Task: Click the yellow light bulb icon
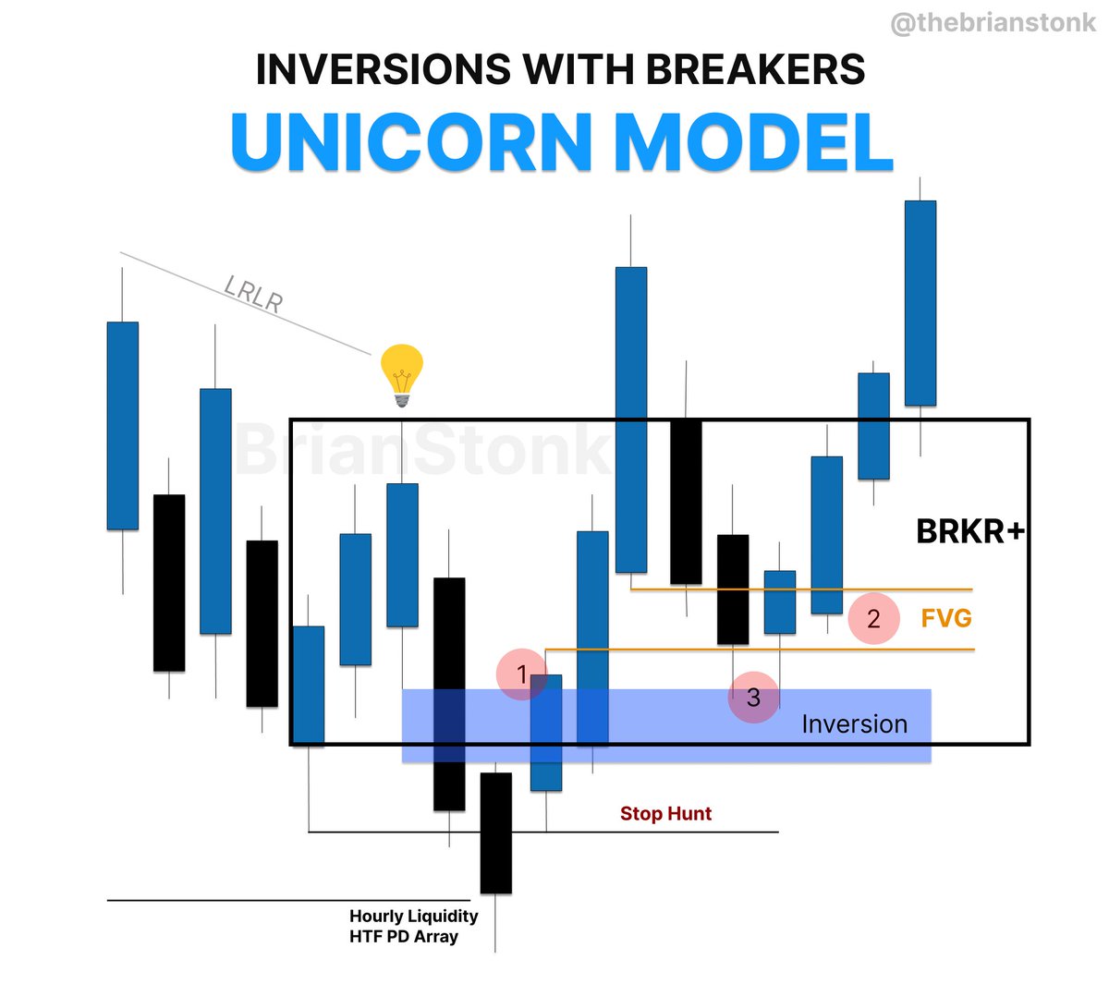[402, 375]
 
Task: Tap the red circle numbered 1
[522, 674]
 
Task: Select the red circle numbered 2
[873, 618]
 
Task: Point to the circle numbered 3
[753, 697]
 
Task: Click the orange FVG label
[946, 617]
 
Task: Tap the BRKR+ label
[969, 531]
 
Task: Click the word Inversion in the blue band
[854, 724]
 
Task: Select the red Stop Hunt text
[665, 814]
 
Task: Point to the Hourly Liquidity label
[413, 917]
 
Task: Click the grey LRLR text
[253, 294]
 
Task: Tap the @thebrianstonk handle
[993, 23]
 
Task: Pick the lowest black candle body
[495, 832]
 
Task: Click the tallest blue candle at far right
[920, 303]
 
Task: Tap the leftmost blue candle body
[123, 425]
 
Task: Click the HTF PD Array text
[404, 937]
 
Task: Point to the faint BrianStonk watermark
[420, 450]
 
